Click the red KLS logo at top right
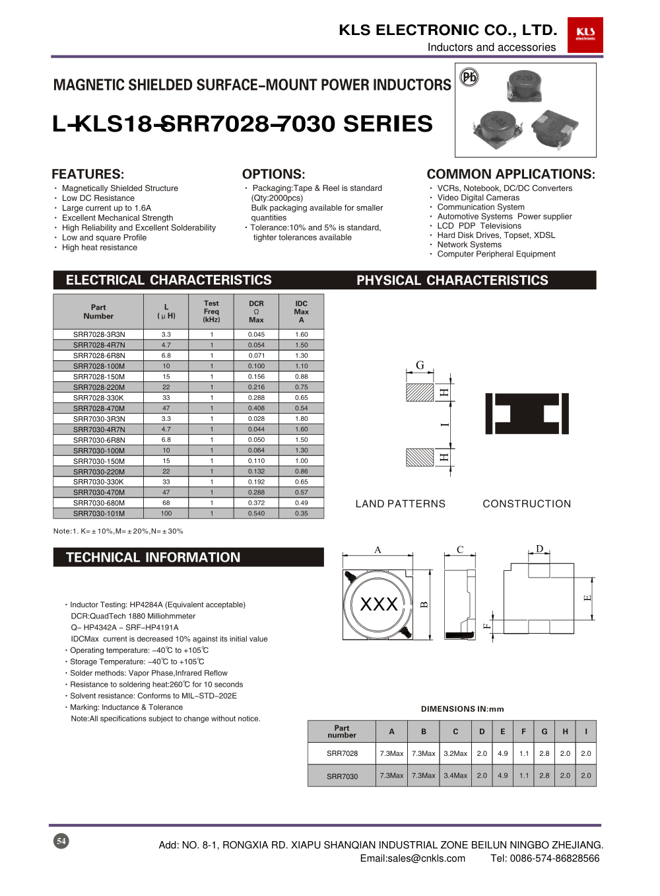pos(585,34)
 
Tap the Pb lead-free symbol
pos(469,77)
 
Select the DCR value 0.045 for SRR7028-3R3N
pos(256,334)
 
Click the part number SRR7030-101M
pos(98,513)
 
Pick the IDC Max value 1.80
pos(301,419)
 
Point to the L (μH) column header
pos(166,311)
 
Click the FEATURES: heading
pos(88,174)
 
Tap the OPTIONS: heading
pos(273,174)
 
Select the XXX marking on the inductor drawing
pos(379,604)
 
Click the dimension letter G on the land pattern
pos(420,365)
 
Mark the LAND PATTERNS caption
pos(400,504)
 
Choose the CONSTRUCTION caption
pos(527,504)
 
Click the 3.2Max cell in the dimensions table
pos(455,753)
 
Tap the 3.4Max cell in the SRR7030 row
pos(455,776)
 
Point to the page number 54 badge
pos(61,841)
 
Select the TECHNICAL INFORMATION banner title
pos(153,557)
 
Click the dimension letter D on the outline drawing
pos(539,549)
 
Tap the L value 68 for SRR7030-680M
pos(166,503)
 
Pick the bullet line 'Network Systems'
pos(469,244)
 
